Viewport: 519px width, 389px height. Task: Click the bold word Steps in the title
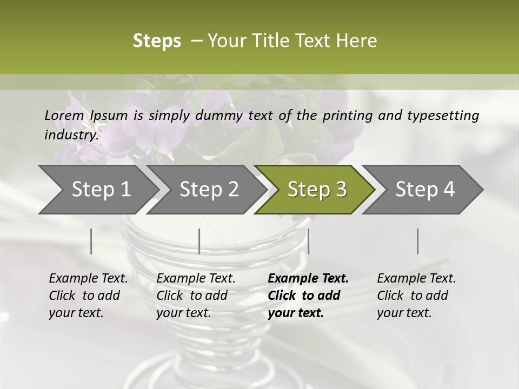click(x=157, y=41)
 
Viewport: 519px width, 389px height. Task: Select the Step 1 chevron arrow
click(x=97, y=190)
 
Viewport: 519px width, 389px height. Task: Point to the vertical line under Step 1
click(x=91, y=241)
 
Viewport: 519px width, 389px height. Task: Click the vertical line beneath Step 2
click(x=199, y=241)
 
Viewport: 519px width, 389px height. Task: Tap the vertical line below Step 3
click(x=308, y=241)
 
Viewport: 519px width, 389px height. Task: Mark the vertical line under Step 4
click(x=417, y=241)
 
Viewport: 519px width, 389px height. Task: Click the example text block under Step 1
click(x=88, y=296)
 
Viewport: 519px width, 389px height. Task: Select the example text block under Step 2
click(x=196, y=296)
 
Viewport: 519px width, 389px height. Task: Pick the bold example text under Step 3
click(x=308, y=296)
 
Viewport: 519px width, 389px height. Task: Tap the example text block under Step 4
click(x=416, y=296)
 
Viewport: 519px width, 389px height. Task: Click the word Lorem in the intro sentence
click(x=64, y=116)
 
